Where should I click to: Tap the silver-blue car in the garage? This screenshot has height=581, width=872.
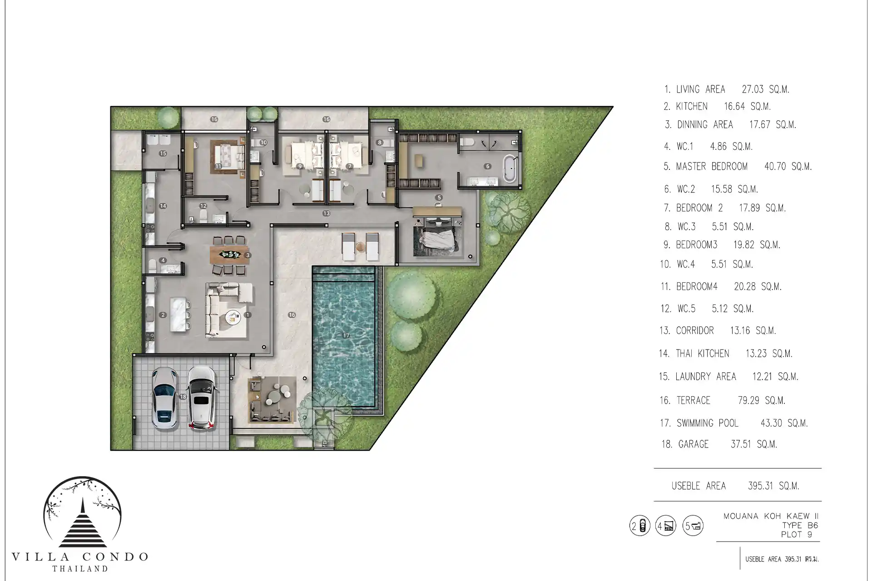click(x=164, y=398)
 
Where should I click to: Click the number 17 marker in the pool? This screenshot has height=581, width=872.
click(x=346, y=335)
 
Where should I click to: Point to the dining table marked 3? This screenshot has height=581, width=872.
click(x=230, y=255)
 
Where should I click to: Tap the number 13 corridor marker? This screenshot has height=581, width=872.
click(x=326, y=213)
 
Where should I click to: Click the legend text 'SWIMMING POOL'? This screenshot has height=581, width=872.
click(x=708, y=423)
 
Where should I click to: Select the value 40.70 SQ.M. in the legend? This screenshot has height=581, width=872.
click(x=788, y=167)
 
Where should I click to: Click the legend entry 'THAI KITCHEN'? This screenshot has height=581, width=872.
click(x=703, y=354)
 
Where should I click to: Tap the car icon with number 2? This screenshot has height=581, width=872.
click(x=640, y=526)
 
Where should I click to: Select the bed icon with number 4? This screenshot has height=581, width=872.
click(x=666, y=526)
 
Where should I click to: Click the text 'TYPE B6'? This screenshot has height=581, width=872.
click(x=800, y=526)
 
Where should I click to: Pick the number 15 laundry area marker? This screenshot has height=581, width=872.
click(x=163, y=153)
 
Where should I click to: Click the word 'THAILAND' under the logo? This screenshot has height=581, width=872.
click(x=80, y=568)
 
